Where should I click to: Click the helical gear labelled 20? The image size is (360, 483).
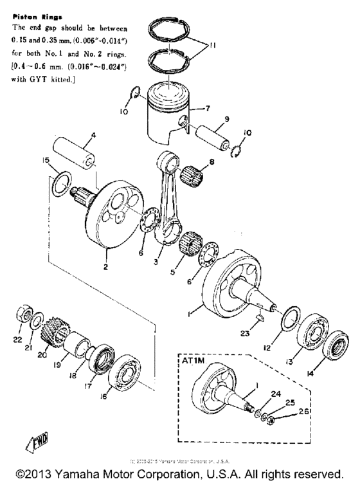click(x=55, y=334)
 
